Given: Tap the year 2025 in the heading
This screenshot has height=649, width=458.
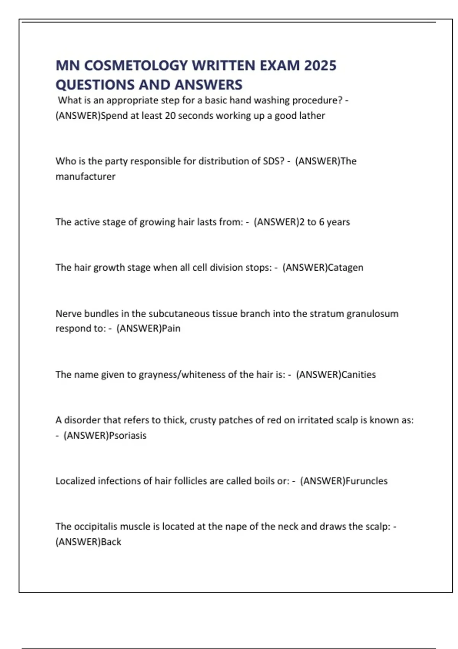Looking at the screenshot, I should [x=320, y=65].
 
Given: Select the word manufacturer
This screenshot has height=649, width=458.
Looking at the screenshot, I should [x=85, y=176].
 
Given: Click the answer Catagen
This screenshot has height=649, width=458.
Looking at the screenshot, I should [x=345, y=267].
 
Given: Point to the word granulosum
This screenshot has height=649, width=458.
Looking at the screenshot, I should [x=372, y=313].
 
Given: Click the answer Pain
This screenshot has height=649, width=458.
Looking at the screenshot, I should [x=171, y=328].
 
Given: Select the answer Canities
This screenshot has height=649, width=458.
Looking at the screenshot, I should [x=358, y=374].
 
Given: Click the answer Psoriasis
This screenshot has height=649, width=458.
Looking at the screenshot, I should [x=127, y=435].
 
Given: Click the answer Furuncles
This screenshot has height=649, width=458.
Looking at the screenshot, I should [x=366, y=481].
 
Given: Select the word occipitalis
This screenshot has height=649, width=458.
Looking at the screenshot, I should [x=95, y=526].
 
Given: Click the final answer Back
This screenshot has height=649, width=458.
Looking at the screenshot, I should [x=111, y=542].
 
